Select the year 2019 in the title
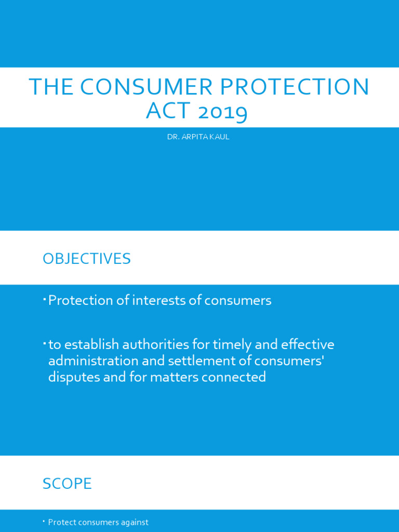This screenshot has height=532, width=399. coord(219,111)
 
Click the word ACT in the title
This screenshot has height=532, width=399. coord(165,111)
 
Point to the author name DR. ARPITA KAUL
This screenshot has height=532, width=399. coord(198,137)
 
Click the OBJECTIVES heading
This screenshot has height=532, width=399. coord(87,259)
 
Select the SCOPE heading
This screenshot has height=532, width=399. coord(67,484)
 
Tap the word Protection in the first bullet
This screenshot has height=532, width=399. coord(81,300)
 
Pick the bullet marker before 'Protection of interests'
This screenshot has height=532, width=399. coord(45,298)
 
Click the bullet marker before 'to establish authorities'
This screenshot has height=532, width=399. coord(45,342)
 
